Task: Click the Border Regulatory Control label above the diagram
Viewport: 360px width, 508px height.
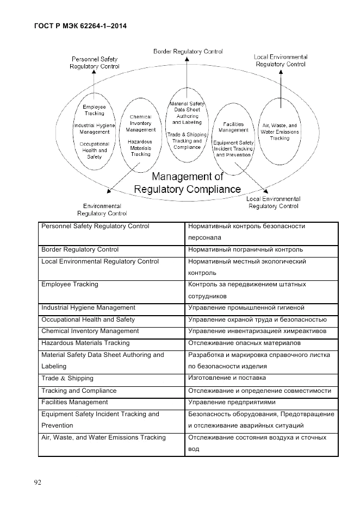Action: point(188,52)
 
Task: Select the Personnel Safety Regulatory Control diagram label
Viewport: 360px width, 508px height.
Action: point(95,62)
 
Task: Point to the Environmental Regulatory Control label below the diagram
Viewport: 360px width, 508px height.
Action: point(105,210)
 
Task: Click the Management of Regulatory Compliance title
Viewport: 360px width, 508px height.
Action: point(188,183)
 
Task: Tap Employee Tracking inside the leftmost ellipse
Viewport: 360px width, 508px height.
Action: point(94,110)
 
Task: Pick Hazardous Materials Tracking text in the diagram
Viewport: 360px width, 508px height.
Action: point(140,147)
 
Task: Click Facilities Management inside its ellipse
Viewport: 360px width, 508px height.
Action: point(233,127)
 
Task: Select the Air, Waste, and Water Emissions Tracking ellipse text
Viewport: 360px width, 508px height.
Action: point(281,131)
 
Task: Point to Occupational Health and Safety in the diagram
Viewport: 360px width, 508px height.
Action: point(94,150)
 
